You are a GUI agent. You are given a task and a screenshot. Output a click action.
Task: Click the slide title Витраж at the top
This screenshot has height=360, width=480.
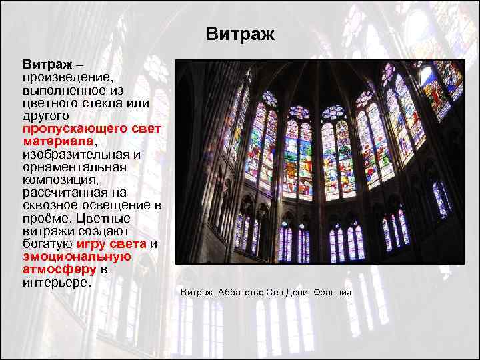[239, 34]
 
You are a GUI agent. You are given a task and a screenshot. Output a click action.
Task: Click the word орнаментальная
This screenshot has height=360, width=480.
[74, 167]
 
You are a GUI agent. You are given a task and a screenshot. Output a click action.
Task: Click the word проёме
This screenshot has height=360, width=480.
[47, 218]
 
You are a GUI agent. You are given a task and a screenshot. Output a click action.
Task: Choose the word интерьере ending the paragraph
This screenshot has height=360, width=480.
[57, 283]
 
